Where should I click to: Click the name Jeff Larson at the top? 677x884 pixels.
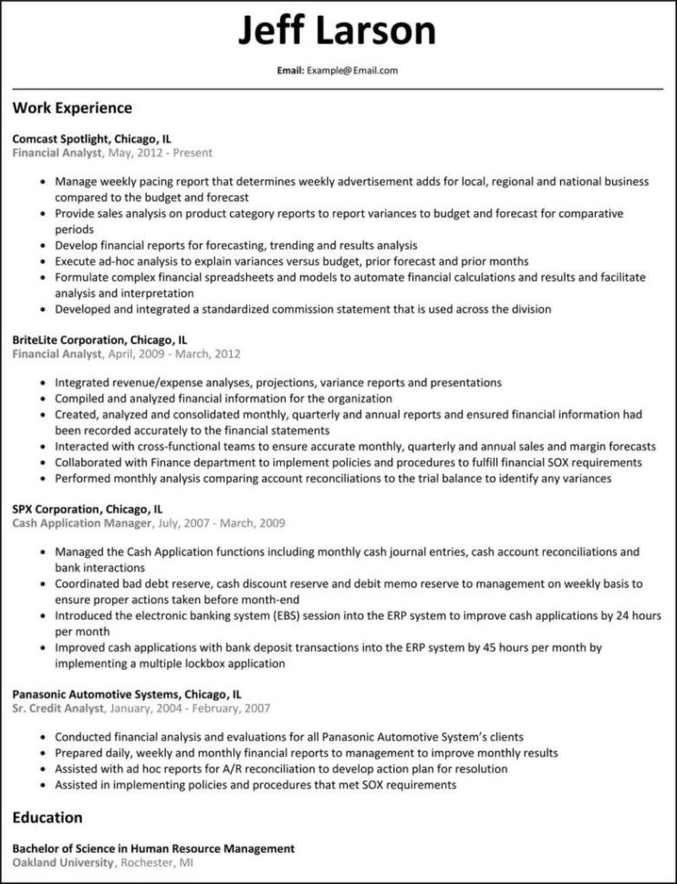338,32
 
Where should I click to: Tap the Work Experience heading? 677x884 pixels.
72,108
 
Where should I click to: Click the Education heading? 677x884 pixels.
47,817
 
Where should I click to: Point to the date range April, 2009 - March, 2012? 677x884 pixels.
174,354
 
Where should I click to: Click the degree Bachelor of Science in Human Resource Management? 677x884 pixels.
153,848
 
